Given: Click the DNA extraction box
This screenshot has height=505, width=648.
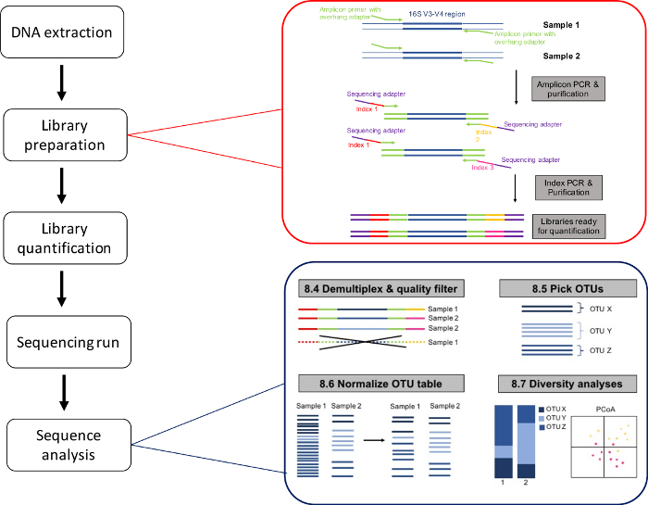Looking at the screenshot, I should [x=62, y=33].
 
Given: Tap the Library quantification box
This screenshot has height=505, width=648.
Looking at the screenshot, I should [x=62, y=238].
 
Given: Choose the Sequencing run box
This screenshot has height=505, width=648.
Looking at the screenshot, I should [x=62, y=343].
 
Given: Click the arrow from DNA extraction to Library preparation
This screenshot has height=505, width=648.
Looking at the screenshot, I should [x=62, y=83].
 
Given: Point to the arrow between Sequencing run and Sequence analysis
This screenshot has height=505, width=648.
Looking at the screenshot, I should [x=62, y=393].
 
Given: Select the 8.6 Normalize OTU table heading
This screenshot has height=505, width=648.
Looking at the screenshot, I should [x=368, y=382].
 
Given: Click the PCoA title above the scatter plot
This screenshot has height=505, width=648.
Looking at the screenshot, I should [x=604, y=408].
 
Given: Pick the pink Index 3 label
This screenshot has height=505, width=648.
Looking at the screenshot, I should [x=483, y=168].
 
